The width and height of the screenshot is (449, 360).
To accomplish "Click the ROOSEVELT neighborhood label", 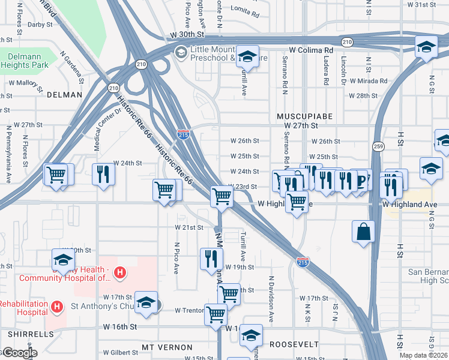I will pos(294,344).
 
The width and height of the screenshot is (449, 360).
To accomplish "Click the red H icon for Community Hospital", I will pos(120,274).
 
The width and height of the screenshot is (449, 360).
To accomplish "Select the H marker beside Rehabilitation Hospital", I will pos(57,307).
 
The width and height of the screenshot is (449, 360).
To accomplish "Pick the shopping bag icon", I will pos(364,231).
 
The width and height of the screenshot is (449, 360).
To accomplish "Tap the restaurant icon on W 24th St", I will pos(103,174).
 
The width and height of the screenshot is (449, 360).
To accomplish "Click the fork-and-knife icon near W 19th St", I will pos(211,259).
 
